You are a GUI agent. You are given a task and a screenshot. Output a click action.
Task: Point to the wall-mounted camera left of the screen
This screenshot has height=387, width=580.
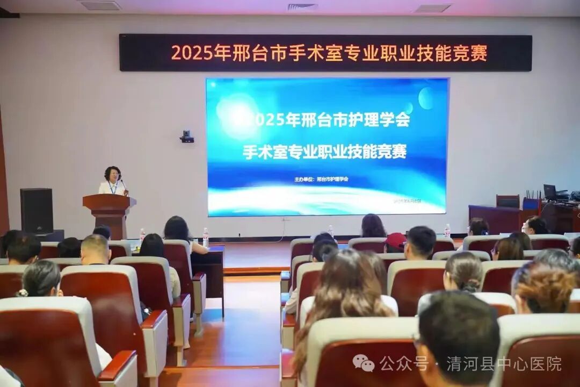click(x=187, y=137)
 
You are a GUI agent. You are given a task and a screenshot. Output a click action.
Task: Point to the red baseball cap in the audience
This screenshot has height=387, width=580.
click(x=395, y=241)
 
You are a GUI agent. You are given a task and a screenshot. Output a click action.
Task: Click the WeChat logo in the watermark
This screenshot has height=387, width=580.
click(x=363, y=363)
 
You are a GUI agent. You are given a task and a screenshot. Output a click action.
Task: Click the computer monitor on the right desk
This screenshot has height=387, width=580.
click(x=550, y=192)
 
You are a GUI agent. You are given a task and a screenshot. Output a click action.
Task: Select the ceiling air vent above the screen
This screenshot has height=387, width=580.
click(x=302, y=7)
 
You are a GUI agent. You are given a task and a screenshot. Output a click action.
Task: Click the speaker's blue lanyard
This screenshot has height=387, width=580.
click(x=112, y=188)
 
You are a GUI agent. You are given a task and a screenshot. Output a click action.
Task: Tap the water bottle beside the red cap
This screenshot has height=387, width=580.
click(x=447, y=231)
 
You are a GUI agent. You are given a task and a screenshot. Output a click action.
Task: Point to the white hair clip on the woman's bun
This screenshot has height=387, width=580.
click(x=22, y=293)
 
